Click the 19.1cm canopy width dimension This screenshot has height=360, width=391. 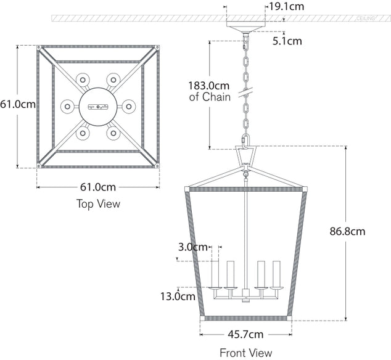(285, 7)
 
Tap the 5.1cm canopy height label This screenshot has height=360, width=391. (287, 41)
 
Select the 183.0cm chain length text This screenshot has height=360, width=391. (208, 85)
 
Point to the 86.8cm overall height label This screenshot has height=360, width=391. (347, 232)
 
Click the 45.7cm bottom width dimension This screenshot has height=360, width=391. (245, 335)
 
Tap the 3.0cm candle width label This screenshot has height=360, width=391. (192, 247)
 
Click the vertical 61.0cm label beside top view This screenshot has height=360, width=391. (17, 104)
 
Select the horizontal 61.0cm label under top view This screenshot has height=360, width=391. (98, 187)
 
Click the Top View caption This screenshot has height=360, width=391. (98, 203)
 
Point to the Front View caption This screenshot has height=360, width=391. (245, 353)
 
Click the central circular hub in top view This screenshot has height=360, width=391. (97, 106)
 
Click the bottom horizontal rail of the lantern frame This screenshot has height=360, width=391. (245, 319)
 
